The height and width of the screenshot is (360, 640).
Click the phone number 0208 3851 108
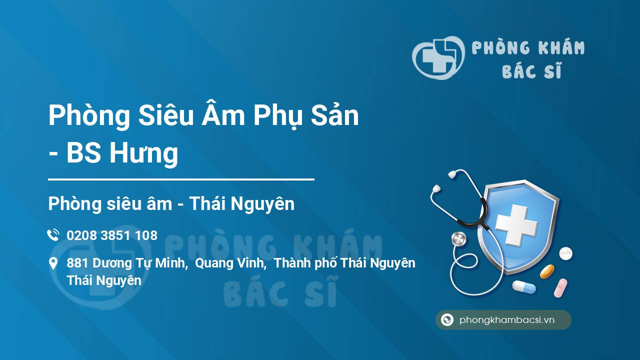click(112, 235)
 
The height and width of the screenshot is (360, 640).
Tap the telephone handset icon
click(53, 235)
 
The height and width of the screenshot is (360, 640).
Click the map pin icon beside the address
click(53, 263)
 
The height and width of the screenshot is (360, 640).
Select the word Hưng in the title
click(144, 153)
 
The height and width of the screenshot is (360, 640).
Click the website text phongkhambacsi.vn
click(507, 320)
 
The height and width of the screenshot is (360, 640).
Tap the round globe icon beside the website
click(447, 319)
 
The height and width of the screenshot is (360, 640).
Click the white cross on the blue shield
click(516, 225)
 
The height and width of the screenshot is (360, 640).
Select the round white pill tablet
click(565, 253)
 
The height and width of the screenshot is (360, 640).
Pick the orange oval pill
click(547, 271)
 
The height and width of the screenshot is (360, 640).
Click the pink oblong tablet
click(560, 288)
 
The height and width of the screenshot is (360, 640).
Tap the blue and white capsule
click(524, 287)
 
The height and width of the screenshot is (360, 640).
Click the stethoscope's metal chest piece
click(458, 239)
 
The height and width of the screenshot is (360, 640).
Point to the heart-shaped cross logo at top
click(438, 57)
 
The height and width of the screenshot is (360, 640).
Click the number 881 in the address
click(77, 263)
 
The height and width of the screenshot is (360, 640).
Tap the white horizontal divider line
click(181, 179)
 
